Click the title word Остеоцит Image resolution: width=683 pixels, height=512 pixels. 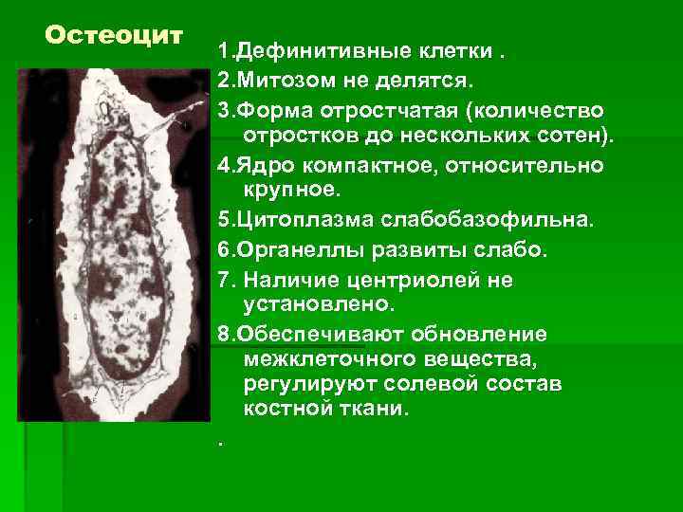[113, 36]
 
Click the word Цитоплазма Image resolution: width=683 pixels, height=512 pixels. [296, 221]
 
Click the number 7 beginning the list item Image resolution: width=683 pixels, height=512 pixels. [223, 280]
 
